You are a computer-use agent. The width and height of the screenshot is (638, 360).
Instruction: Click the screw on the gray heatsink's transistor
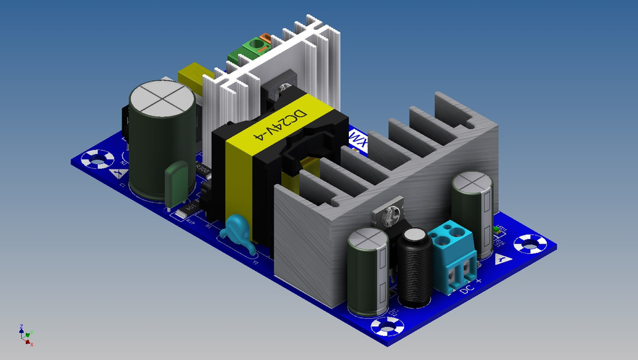(x=391, y=214)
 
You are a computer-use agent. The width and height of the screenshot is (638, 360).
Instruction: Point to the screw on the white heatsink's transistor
(x=284, y=86)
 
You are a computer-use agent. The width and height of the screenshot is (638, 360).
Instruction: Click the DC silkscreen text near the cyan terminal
(x=469, y=289)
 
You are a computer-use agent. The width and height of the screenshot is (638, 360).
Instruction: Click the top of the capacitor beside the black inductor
(x=368, y=239)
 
